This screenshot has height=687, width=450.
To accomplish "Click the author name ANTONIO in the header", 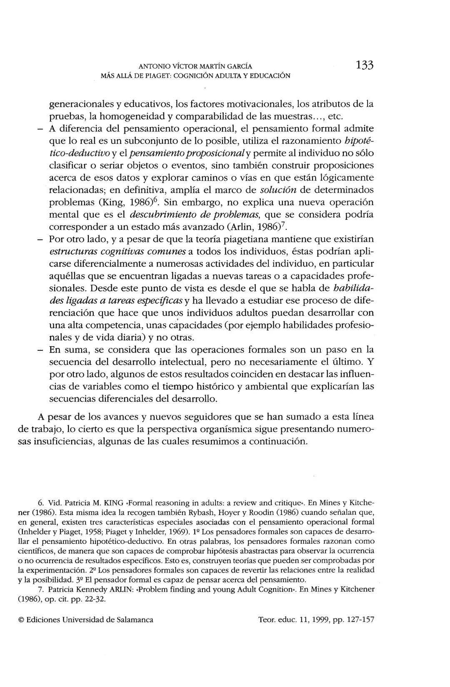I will (154, 66).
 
